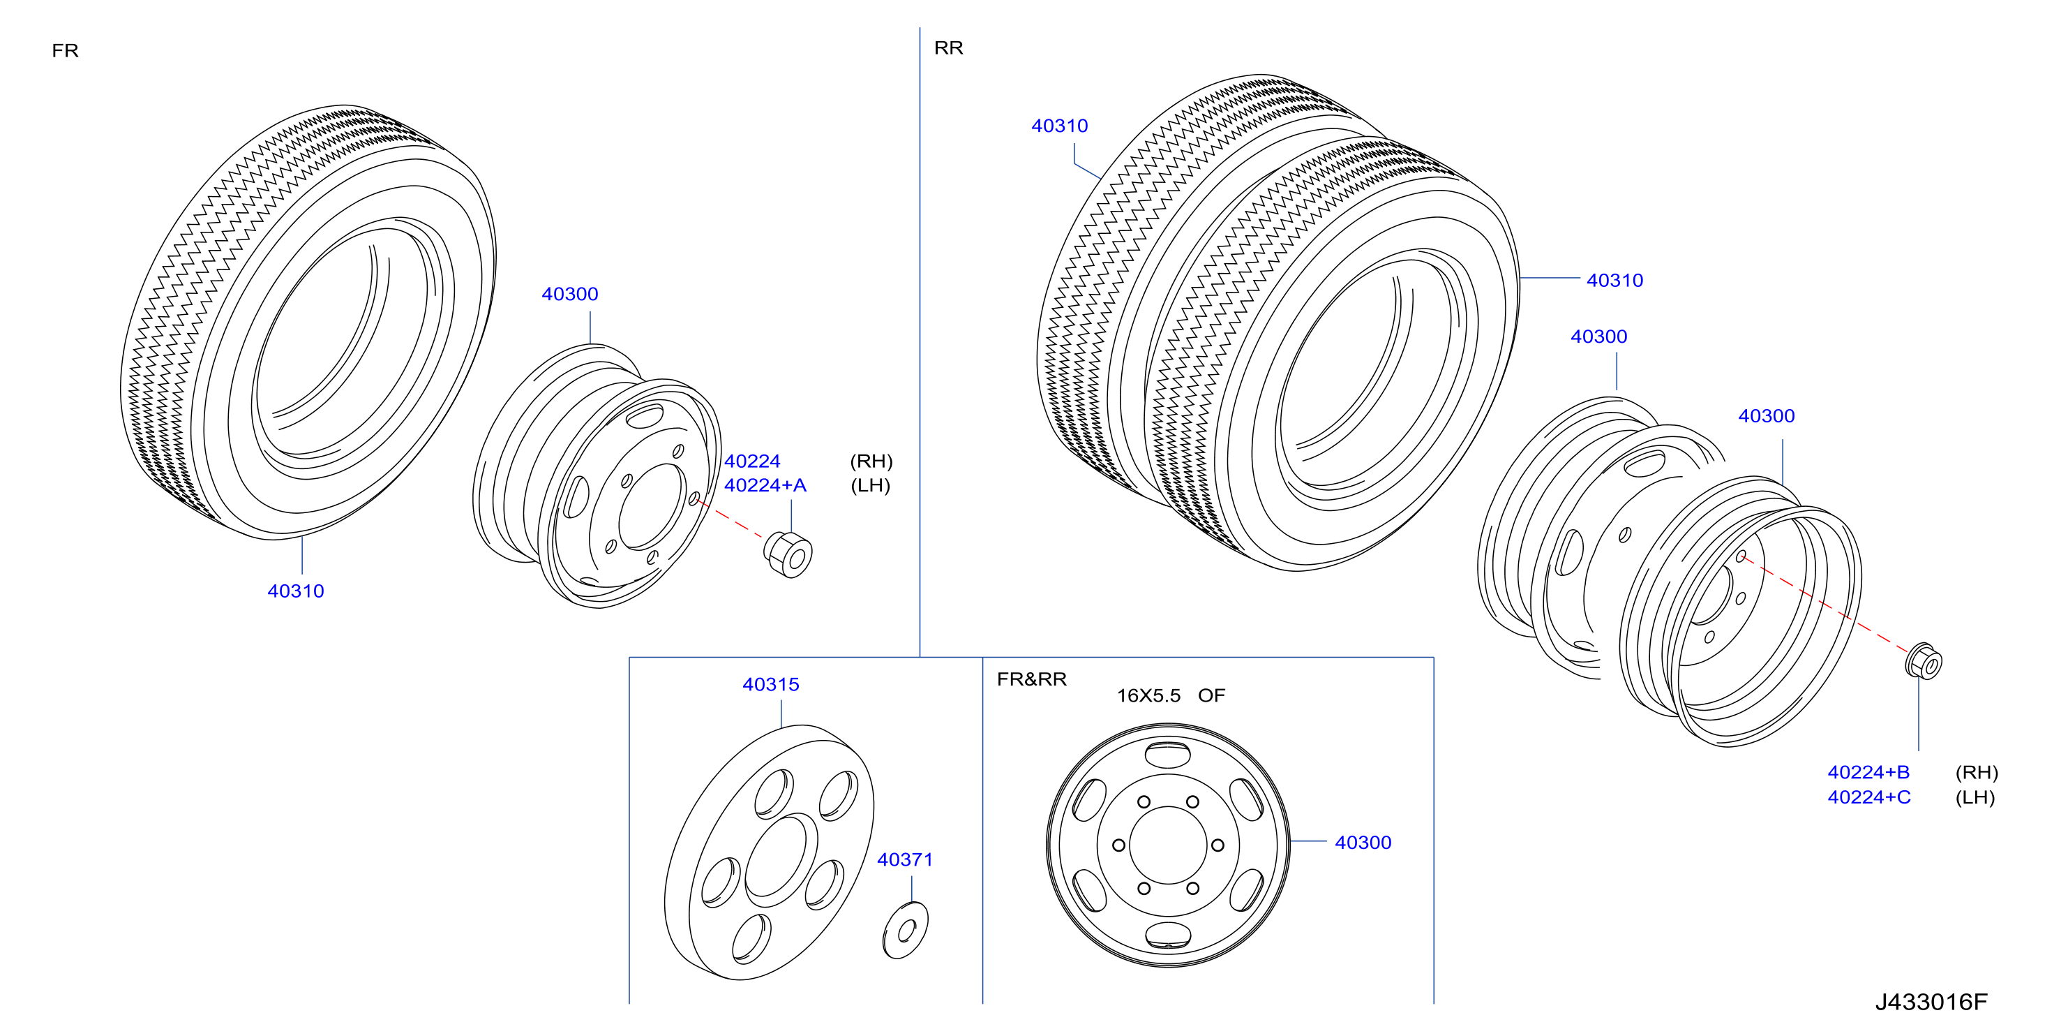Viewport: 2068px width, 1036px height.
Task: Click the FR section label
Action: pyautogui.click(x=65, y=50)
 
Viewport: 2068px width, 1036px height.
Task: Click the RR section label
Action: pyautogui.click(x=948, y=48)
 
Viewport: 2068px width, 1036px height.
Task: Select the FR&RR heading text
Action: pyautogui.click(x=1032, y=679)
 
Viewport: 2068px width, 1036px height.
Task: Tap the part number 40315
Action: pyautogui.click(x=771, y=684)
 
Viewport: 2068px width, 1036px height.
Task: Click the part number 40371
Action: pyautogui.click(x=905, y=859)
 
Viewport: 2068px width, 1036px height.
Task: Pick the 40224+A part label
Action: pyautogui.click(x=765, y=485)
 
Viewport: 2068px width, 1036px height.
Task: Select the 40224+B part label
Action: pyautogui.click(x=1868, y=772)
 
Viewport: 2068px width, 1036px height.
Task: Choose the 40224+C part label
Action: pyautogui.click(x=1869, y=797)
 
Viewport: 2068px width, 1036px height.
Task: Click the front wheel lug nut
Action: pyautogui.click(x=788, y=554)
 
